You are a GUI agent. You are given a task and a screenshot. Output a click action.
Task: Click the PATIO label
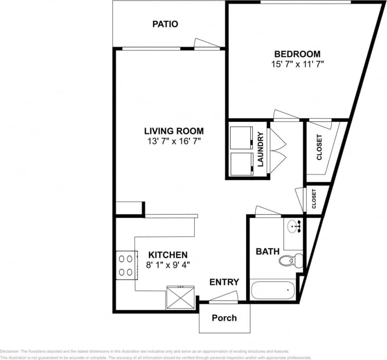pyautogui.click(x=165, y=24)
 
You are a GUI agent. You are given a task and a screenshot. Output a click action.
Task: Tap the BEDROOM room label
pyautogui.click(x=297, y=54)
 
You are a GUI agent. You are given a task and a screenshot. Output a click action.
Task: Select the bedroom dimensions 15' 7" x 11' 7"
pyautogui.click(x=297, y=64)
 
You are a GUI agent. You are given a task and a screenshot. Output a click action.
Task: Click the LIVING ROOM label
pyautogui.click(x=174, y=131)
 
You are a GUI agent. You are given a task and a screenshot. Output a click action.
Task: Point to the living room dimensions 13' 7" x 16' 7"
pyautogui.click(x=174, y=141)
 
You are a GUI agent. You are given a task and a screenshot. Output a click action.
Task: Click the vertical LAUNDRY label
pyautogui.click(x=261, y=149)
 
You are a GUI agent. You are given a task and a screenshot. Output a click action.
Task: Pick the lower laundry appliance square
pyautogui.click(x=241, y=163)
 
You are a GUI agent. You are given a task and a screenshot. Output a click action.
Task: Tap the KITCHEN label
pyautogui.click(x=168, y=255)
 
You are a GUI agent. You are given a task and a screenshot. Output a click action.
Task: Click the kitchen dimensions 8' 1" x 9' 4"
pyautogui.click(x=168, y=264)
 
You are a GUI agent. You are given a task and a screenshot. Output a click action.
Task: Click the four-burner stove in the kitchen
pyautogui.click(x=126, y=265)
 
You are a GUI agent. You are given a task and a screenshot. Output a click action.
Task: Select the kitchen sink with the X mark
pyautogui.click(x=180, y=297)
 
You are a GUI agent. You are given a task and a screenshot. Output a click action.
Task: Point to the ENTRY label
pyautogui.click(x=224, y=282)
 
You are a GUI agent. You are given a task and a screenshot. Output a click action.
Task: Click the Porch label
pyautogui.click(x=224, y=318)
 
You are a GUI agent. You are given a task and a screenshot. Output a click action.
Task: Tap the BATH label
pyautogui.click(x=265, y=251)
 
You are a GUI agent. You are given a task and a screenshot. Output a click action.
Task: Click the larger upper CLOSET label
pyautogui.click(x=320, y=148)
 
